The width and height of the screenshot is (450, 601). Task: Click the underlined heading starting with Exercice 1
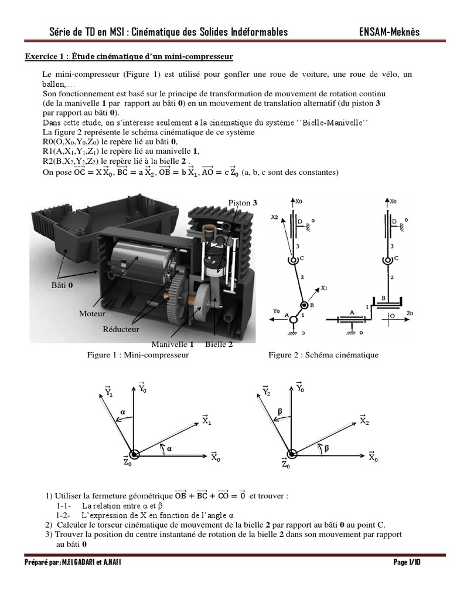click(129, 57)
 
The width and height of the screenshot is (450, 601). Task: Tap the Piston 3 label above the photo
click(243, 202)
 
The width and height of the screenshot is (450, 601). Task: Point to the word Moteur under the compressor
click(92, 314)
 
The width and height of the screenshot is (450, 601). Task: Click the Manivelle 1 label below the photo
click(172, 345)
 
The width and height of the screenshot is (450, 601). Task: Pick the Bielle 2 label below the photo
click(219, 345)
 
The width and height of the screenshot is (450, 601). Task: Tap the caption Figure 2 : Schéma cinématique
click(323, 355)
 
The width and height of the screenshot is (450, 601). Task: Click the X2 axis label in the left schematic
click(274, 217)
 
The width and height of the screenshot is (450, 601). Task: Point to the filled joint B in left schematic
click(304, 306)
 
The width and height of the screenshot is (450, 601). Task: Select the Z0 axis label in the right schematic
click(410, 314)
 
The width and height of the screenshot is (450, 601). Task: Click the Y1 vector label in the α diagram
click(108, 391)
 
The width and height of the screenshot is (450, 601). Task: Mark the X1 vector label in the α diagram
click(207, 420)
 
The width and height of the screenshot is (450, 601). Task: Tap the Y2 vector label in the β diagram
click(267, 391)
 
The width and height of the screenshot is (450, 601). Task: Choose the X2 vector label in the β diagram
click(364, 420)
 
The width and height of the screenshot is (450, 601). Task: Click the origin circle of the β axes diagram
click(292, 454)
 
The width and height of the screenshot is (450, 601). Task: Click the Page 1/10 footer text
click(407, 562)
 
